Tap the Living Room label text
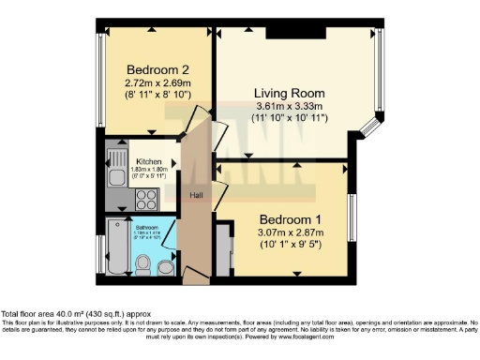click(x=290, y=94)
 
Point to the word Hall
click(x=197, y=195)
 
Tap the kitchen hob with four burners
click(x=146, y=199)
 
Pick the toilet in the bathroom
click(x=143, y=266)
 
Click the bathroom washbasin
click(x=166, y=267)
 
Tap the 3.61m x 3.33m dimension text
click(x=290, y=107)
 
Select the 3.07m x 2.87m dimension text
click(x=290, y=232)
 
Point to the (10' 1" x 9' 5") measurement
click(x=290, y=245)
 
